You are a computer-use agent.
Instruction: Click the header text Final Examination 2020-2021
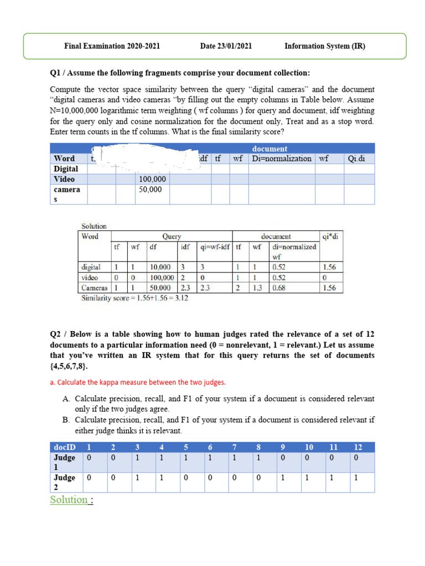[112, 46]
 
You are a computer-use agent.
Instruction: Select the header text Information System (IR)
[325, 46]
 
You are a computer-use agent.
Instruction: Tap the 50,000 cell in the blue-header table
[151, 189]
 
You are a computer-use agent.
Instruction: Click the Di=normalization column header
[281, 159]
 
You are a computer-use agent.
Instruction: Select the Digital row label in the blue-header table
[66, 169]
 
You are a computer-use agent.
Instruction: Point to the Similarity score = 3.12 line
[133, 297]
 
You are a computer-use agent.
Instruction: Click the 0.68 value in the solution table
[279, 288]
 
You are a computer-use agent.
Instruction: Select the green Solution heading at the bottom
[69, 500]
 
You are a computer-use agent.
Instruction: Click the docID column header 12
[358, 447]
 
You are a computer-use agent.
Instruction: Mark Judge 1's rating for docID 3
[137, 458]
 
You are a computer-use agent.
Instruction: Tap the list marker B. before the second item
[66, 420]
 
